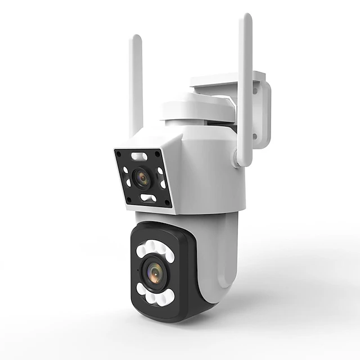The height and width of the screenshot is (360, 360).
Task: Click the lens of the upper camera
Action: (x=141, y=178)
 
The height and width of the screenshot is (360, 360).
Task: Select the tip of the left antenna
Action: (x=136, y=38)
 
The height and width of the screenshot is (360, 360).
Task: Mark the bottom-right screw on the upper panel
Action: (x=167, y=203)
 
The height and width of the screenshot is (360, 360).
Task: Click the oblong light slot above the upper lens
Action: (x=139, y=156)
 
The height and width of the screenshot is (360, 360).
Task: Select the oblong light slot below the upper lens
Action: (x=148, y=198)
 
